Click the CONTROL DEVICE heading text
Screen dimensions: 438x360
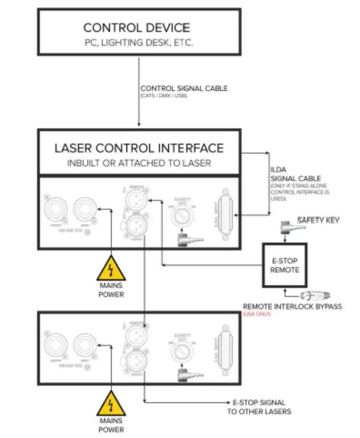coord(137,27)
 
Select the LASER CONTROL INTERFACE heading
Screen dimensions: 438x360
coord(139,148)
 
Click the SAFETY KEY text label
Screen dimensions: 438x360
coord(318,220)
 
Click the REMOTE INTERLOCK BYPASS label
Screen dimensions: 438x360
coord(292,306)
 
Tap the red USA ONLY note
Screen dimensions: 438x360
coord(257,314)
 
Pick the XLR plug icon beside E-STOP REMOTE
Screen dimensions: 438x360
coord(313,295)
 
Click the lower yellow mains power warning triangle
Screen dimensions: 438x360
coord(111,405)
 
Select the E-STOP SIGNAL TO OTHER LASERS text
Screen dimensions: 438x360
coord(259,407)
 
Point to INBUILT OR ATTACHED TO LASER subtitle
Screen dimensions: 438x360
coord(139,163)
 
